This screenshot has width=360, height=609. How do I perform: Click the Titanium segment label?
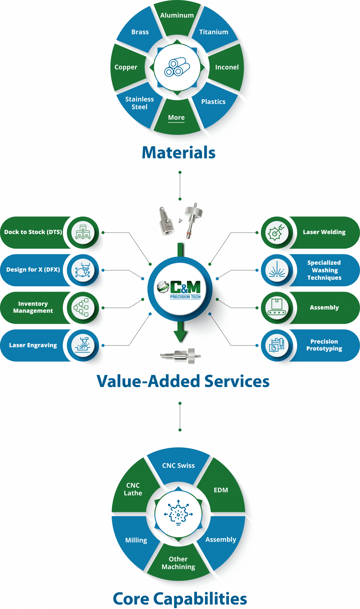click(214, 32)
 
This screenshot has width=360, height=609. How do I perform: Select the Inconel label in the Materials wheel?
click(227, 67)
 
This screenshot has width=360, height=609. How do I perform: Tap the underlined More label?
click(176, 117)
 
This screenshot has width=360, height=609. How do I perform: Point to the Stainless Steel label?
click(139, 103)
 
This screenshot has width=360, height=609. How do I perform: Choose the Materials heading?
click(179, 153)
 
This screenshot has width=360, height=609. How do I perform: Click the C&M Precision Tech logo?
click(179, 289)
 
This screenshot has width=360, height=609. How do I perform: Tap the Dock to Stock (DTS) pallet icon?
click(83, 232)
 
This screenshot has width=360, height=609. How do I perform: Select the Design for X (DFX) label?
click(33, 269)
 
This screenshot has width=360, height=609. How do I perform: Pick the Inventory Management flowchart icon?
click(82, 307)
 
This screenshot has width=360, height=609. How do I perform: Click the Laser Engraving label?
click(33, 345)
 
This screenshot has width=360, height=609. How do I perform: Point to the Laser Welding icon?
click(277, 232)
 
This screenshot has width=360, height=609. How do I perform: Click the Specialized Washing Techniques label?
click(324, 270)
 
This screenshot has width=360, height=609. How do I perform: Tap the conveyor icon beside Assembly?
click(277, 307)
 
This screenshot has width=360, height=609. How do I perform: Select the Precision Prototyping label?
click(324, 345)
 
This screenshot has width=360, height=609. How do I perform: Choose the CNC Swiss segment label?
click(178, 465)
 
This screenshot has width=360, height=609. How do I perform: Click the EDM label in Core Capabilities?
click(221, 490)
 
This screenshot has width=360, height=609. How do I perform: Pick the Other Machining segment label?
click(178, 563)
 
